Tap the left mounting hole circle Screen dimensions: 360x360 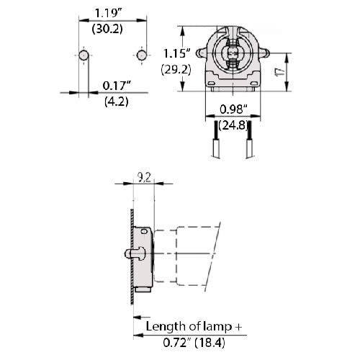click(83, 55)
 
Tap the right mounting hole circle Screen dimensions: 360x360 click(139, 55)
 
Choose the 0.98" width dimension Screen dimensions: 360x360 click(233, 109)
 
